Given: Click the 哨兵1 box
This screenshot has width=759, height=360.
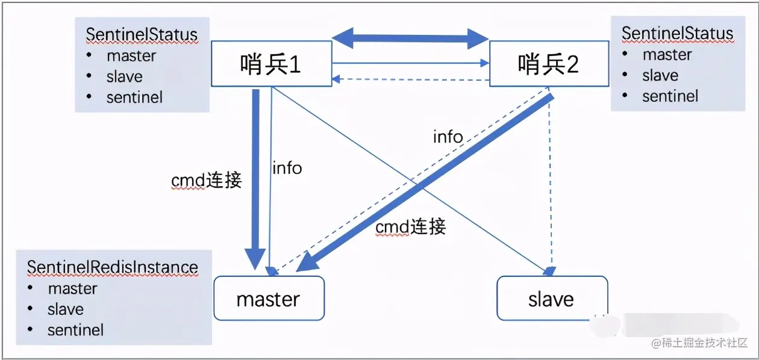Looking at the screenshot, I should coord(271,63).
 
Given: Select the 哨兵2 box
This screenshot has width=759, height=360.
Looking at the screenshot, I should coord(548,63).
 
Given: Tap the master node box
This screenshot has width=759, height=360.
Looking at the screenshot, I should coord(268,299).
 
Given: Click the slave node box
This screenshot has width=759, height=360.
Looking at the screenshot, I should coord(551,299).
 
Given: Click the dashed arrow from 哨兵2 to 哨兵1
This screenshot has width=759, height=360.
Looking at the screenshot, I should coord(410,79).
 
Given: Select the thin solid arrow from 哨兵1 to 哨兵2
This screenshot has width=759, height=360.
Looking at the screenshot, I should coord(410,62).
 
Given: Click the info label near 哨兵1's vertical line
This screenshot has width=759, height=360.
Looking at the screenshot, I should coord(287,168).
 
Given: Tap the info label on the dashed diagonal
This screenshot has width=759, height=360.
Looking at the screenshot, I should coord(448,137).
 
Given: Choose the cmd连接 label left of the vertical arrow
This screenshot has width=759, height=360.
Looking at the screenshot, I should coord(206,180).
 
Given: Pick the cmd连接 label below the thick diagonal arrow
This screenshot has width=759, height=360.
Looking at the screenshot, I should coord(410,227).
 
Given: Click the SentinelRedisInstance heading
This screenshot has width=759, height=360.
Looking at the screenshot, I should coord(113,267).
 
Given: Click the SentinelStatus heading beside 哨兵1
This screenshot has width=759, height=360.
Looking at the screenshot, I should coord(142,34).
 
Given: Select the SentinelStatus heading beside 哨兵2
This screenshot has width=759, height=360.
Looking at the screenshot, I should coord(677,33).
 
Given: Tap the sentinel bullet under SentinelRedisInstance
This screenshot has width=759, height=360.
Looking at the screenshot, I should coord(75,330).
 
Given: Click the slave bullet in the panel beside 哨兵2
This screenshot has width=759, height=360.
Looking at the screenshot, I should coord(660,75).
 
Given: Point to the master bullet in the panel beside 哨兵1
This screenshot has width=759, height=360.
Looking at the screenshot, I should coord(131,56).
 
